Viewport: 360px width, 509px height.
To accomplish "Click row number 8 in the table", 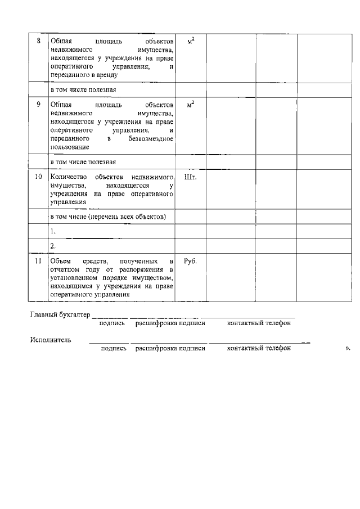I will pyautogui.click(x=38, y=41).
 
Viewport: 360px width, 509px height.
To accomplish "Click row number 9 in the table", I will pyautogui.click(x=38, y=105).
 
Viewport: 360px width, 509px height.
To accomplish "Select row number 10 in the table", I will pyautogui.click(x=38, y=177).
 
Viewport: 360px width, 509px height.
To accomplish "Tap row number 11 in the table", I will pyautogui.click(x=38, y=262).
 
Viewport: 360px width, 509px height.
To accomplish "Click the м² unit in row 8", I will pyautogui.click(x=191, y=41).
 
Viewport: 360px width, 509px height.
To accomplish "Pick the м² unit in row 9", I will pyautogui.click(x=191, y=105).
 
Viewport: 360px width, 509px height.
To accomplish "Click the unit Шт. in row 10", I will pyautogui.click(x=191, y=177).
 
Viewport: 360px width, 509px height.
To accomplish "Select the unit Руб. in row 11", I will pyautogui.click(x=191, y=262).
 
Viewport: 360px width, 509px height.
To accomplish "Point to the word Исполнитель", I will pyautogui.click(x=51, y=339).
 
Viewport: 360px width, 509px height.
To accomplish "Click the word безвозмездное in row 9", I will pyautogui.click(x=150, y=138).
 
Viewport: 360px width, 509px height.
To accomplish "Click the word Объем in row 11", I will pyautogui.click(x=61, y=262).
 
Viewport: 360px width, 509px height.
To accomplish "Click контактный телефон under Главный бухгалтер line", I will pyautogui.click(x=259, y=323).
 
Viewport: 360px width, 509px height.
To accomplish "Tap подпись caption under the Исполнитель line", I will pyautogui.click(x=114, y=349).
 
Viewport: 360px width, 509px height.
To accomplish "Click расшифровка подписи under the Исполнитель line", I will pyautogui.click(x=170, y=349).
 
